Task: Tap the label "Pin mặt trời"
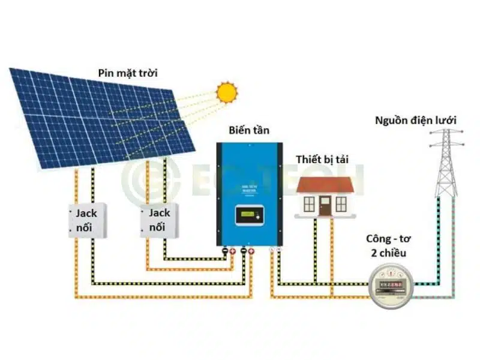click(131, 73)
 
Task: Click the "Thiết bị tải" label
click(322, 159)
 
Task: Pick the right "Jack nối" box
click(159, 220)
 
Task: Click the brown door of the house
click(325, 206)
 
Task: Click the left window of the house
click(309, 204)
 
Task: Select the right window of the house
click(342, 204)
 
